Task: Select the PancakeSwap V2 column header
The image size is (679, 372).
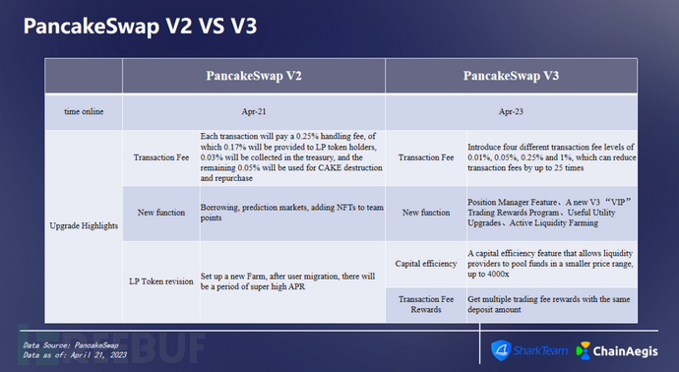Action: click(254, 76)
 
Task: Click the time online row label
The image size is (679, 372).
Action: click(83, 111)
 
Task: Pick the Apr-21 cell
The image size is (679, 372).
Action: click(254, 111)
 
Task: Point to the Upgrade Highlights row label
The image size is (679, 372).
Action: click(83, 224)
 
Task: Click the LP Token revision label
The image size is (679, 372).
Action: click(160, 279)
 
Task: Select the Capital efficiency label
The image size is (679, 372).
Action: click(424, 264)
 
